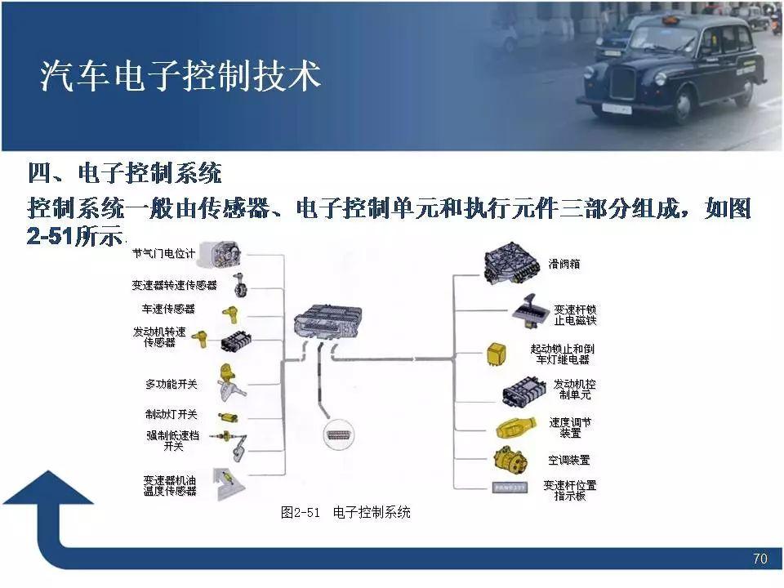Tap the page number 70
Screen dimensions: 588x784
pyautogui.click(x=759, y=559)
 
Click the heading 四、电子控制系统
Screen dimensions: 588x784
pyautogui.click(x=124, y=173)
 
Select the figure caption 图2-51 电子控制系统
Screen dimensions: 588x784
pyautogui.click(x=345, y=512)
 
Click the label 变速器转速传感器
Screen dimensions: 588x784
pyautogui.click(x=174, y=285)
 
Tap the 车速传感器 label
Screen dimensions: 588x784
pyautogui.click(x=169, y=309)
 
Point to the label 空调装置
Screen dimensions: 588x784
pyautogui.click(x=569, y=460)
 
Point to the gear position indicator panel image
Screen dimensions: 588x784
pyautogui.click(x=509, y=488)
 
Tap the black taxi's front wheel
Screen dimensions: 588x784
pyautogui.click(x=681, y=105)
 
